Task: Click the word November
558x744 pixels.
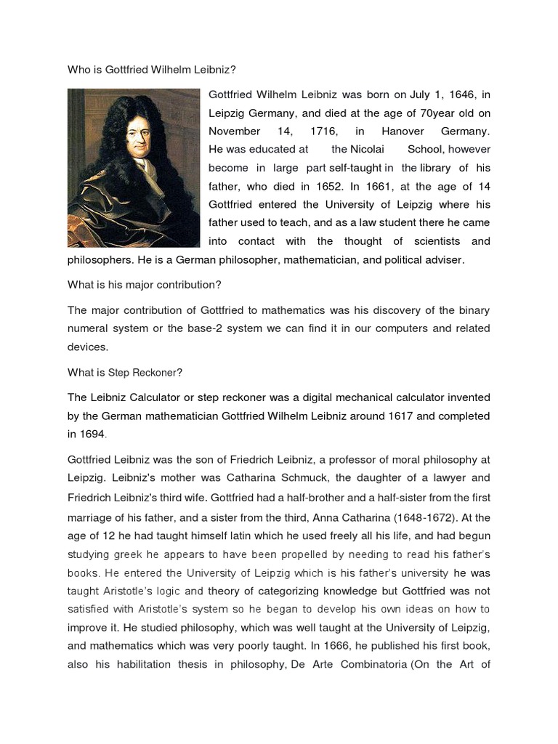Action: (234, 132)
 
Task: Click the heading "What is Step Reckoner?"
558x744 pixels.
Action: (125, 373)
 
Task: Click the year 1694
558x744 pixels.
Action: (93, 434)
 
